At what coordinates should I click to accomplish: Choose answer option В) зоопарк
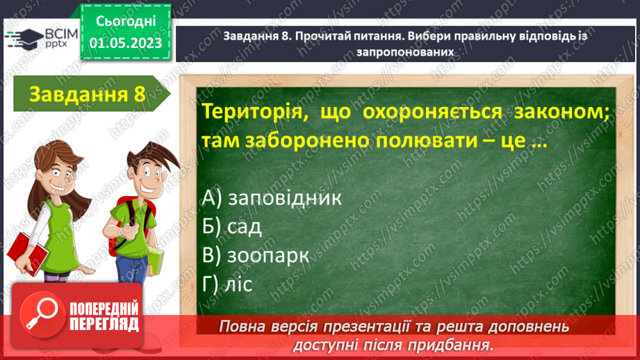[x=255, y=255]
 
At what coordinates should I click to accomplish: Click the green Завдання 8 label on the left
[x=87, y=95]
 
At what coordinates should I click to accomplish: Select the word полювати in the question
[x=420, y=141]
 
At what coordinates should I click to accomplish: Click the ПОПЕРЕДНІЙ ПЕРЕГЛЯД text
[x=104, y=317]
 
